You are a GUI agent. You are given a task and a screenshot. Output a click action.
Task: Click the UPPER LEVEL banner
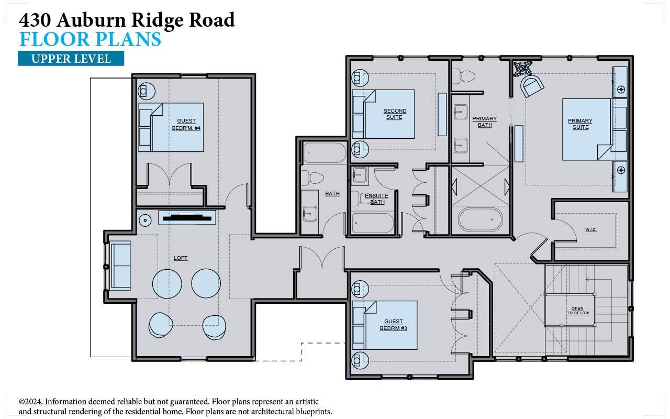click(x=71, y=59)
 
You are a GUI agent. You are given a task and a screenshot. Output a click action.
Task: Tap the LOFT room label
click(x=181, y=258)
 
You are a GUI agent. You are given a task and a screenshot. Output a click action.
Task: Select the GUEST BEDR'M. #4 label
click(x=186, y=125)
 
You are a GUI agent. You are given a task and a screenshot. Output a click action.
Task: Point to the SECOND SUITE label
click(x=395, y=114)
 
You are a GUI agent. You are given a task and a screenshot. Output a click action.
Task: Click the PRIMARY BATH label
click(x=485, y=122)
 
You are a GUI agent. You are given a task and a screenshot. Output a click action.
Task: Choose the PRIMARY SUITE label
click(x=580, y=124)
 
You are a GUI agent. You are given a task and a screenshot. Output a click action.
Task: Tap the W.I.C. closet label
click(x=591, y=230)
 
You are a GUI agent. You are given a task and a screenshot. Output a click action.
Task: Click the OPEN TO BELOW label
click(x=577, y=311)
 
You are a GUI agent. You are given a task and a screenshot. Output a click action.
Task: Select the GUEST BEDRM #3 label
click(x=394, y=325)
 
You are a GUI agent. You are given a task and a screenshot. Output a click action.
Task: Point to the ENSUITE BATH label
click(x=376, y=199)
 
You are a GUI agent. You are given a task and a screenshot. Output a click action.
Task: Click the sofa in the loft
click(x=120, y=266)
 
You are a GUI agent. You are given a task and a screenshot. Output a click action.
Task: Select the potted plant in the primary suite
click(x=522, y=69)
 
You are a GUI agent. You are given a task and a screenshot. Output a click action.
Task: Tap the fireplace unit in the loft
click(x=187, y=217)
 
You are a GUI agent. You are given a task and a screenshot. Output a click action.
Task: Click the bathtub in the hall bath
click(x=325, y=153)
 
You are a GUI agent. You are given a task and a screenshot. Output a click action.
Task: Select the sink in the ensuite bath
click(x=360, y=175)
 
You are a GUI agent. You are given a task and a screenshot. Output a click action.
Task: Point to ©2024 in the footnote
click(x=31, y=402)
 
